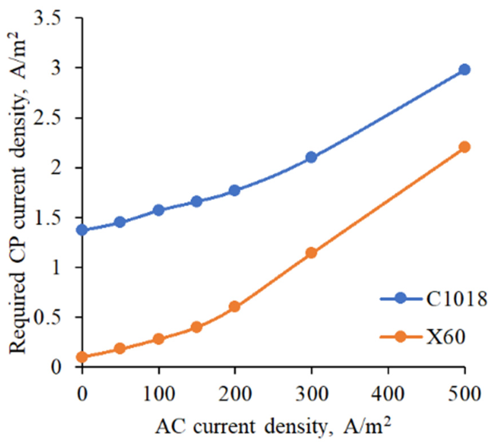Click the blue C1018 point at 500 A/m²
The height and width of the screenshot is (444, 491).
click(x=465, y=70)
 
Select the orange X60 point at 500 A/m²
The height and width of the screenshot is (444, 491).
click(x=465, y=147)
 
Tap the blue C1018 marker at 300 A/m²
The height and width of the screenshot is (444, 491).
click(x=312, y=157)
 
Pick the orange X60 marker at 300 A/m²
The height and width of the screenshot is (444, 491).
click(x=312, y=253)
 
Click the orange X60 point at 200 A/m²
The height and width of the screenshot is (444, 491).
click(x=235, y=307)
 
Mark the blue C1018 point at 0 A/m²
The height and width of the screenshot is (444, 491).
click(x=82, y=230)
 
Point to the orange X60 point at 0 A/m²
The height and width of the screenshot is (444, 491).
click(x=82, y=357)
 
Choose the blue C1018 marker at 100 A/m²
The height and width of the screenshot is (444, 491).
click(x=159, y=210)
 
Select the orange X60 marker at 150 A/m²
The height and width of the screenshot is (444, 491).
click(x=197, y=327)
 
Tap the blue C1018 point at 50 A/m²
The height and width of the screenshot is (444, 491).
click(x=120, y=222)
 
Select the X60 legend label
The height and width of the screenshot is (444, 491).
click(x=446, y=338)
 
